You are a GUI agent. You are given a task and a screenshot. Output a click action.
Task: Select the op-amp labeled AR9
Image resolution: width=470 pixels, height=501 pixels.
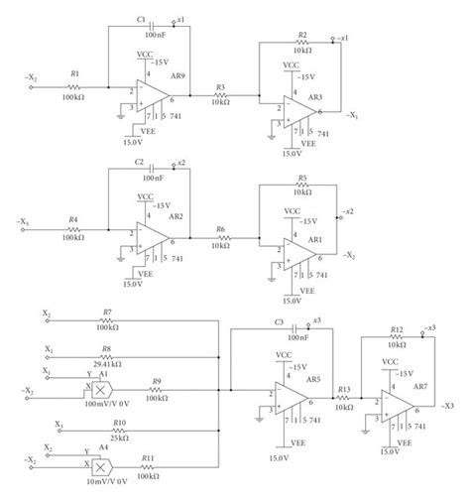[151, 94]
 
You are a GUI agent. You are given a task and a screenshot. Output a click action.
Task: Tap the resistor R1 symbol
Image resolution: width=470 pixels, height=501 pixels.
[72, 86]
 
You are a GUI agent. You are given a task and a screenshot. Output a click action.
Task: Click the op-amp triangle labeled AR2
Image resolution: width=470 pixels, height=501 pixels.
[151, 239]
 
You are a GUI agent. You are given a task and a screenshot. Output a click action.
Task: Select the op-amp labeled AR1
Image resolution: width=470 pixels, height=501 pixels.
[298, 253]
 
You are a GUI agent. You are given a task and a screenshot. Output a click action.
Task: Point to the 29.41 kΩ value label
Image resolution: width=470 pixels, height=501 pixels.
[107, 359]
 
